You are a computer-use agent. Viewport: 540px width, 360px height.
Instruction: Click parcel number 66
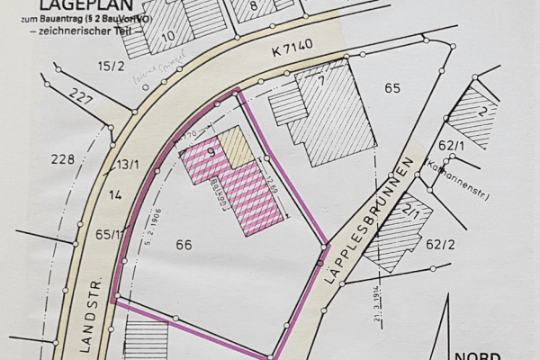(x=184, y=244)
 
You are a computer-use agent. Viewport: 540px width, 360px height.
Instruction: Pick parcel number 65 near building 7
(x=391, y=88)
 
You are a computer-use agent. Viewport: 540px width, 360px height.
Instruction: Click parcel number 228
(x=62, y=159)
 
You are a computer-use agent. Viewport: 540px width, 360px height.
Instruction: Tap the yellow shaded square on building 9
(x=237, y=146)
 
